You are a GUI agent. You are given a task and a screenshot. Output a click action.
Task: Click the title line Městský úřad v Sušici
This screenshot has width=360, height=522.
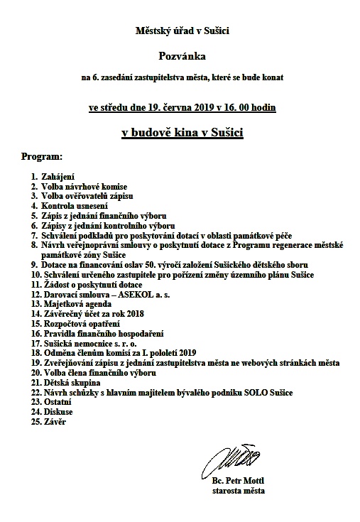tap(180, 31)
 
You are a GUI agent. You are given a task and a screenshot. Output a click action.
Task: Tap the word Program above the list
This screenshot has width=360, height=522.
tap(42, 154)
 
